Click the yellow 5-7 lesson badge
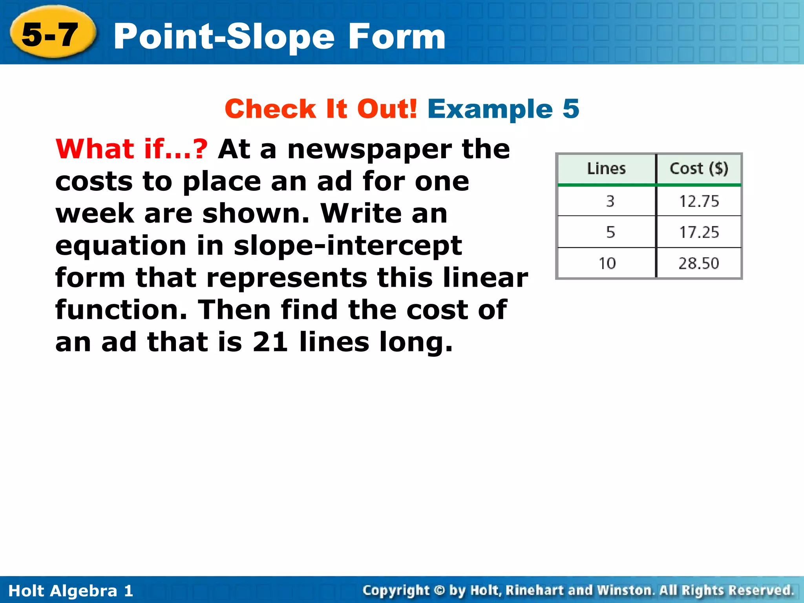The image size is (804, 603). pyautogui.click(x=51, y=35)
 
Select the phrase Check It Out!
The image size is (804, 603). pyautogui.click(x=321, y=109)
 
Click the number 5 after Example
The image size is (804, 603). pyautogui.click(x=571, y=109)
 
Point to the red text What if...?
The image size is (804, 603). pyautogui.click(x=132, y=149)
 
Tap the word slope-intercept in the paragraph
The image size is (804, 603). pyautogui.click(x=347, y=246)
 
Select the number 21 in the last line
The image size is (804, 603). pyautogui.click(x=270, y=342)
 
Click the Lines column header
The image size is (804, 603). pyautogui.click(x=606, y=168)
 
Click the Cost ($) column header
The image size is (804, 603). pyautogui.click(x=699, y=168)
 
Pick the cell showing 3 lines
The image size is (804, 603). pyautogui.click(x=610, y=201)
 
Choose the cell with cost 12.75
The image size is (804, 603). pyautogui.click(x=699, y=201)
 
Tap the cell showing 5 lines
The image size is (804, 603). pyautogui.click(x=610, y=232)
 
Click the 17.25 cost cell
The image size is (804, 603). pyautogui.click(x=699, y=232)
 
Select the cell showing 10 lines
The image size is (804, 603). pyautogui.click(x=607, y=263)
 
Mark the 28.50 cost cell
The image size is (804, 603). pyautogui.click(x=699, y=263)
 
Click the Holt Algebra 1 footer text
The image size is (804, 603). pyautogui.click(x=71, y=591)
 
